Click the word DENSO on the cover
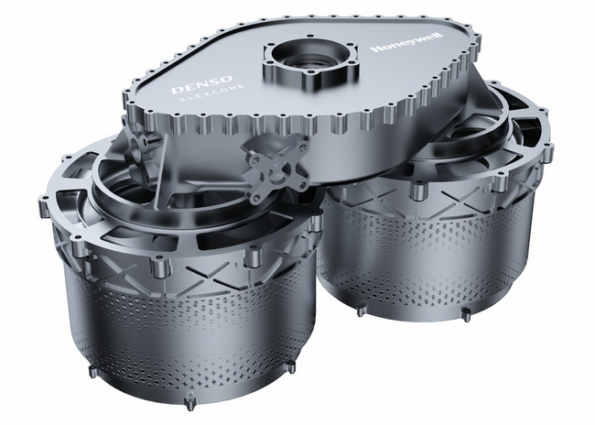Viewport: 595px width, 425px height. point(201,84)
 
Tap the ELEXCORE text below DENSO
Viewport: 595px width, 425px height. point(212,94)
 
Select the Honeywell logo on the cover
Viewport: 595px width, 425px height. point(407,43)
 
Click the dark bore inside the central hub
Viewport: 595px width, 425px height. point(309,58)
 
